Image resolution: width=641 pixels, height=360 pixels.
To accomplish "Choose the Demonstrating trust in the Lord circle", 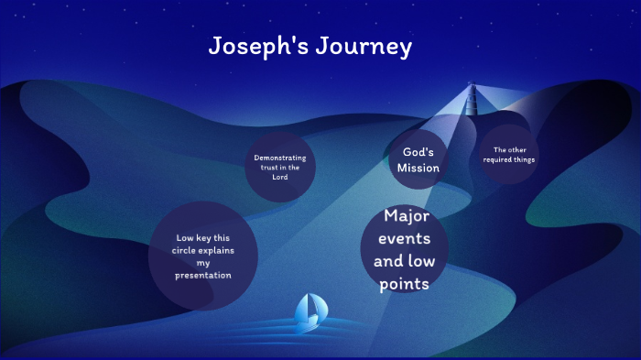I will click(x=280, y=167).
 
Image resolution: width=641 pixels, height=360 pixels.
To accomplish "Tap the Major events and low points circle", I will click(x=407, y=251).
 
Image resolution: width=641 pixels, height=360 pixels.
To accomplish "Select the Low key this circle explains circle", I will click(x=203, y=256).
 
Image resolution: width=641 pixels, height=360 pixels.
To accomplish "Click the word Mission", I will click(x=419, y=168).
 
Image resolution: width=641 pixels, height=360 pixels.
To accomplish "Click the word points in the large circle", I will click(x=407, y=284).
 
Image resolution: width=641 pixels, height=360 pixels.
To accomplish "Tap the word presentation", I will click(x=204, y=275).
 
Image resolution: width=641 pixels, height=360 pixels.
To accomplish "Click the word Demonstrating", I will click(x=280, y=158).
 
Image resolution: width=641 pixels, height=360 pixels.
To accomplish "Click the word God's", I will click(x=418, y=151).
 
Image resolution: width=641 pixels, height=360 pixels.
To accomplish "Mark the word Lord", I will click(x=279, y=177).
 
